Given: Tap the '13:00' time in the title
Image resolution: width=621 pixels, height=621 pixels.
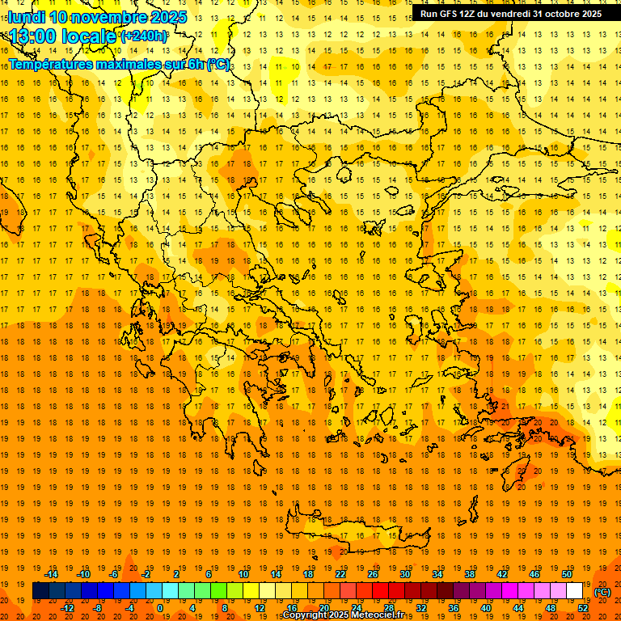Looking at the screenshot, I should [36, 36].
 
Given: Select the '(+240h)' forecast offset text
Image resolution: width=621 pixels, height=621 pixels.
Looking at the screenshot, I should [145, 36].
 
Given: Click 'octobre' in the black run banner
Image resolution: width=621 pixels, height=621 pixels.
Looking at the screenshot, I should [554, 14].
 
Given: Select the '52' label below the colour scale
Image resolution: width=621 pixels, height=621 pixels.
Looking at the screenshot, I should [583, 608].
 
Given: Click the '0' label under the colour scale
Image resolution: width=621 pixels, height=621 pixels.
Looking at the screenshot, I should [160, 608].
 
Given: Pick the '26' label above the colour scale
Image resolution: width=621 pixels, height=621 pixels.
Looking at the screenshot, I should [373, 573].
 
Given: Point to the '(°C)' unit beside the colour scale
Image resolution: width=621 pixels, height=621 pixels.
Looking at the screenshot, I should [602, 592].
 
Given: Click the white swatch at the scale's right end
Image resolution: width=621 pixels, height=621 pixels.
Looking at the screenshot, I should [575, 591].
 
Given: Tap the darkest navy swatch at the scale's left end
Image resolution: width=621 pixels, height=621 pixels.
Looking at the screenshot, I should [40, 591].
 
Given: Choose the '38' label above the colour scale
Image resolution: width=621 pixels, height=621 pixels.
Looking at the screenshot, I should [470, 573].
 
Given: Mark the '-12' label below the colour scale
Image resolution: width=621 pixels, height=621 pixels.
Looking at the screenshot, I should [67, 608].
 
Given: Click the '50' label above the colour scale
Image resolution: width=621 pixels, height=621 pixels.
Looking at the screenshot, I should [567, 573].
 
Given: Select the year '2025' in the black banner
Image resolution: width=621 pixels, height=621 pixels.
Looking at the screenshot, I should [589, 14].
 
